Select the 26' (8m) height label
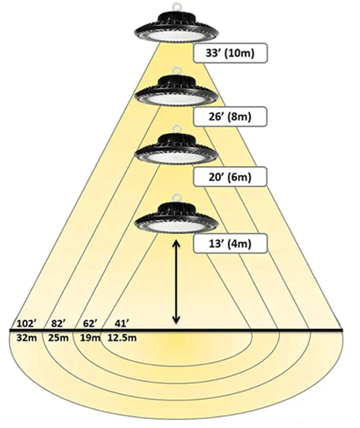click(230, 116)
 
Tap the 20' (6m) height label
click(230, 176)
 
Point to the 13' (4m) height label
click(230, 244)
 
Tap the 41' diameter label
click(122, 324)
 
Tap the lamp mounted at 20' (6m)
click(176, 151)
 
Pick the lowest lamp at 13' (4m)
click(176, 218)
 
